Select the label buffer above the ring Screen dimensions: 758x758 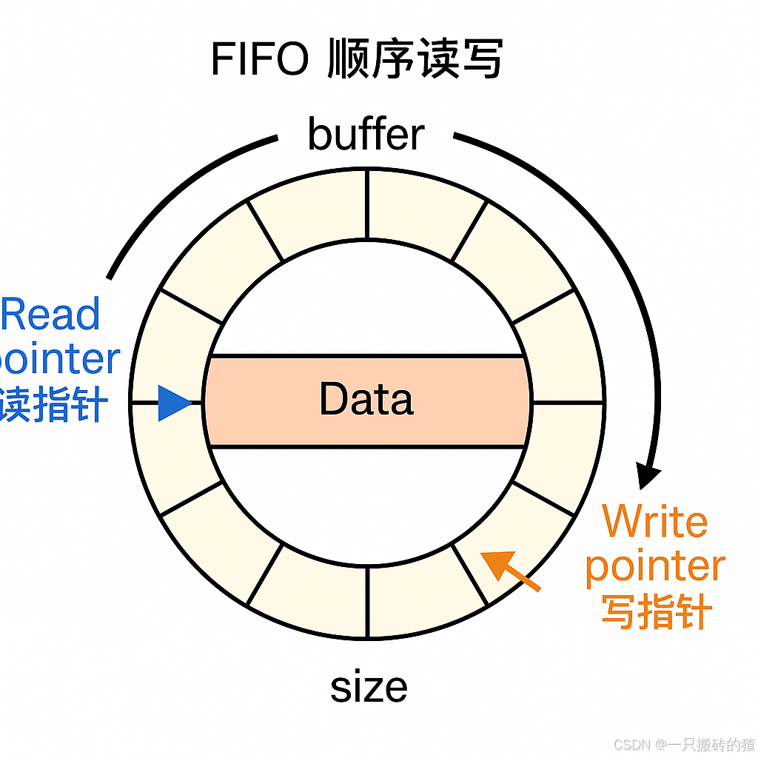pos(366,135)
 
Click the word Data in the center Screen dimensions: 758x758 pos(366,400)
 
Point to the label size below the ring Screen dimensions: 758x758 pos(369,687)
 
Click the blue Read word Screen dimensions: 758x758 pos(50,314)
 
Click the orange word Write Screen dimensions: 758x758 pos(654,522)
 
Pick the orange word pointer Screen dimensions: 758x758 pos(654,566)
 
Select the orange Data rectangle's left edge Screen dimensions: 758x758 pos(207,401)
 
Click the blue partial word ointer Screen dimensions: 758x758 pos(59,359)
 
